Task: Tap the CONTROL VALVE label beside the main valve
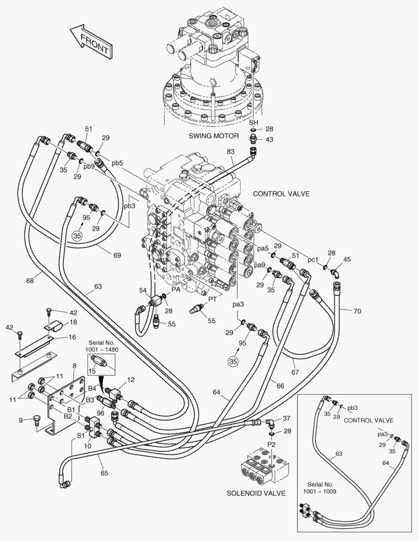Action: pyautogui.click(x=281, y=193)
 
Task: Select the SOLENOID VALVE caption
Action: pyautogui.click(x=256, y=493)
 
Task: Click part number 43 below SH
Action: pyautogui.click(x=269, y=139)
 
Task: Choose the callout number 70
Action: pyautogui.click(x=357, y=311)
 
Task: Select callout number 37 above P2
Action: pyautogui.click(x=286, y=418)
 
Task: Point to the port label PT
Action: pyautogui.click(x=213, y=299)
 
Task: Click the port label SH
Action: pyautogui.click(x=254, y=123)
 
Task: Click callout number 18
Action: pyautogui.click(x=73, y=322)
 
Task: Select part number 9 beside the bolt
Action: pyautogui.click(x=21, y=420)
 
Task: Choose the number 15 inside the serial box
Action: pyautogui.click(x=91, y=371)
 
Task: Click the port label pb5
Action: pyautogui.click(x=117, y=163)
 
